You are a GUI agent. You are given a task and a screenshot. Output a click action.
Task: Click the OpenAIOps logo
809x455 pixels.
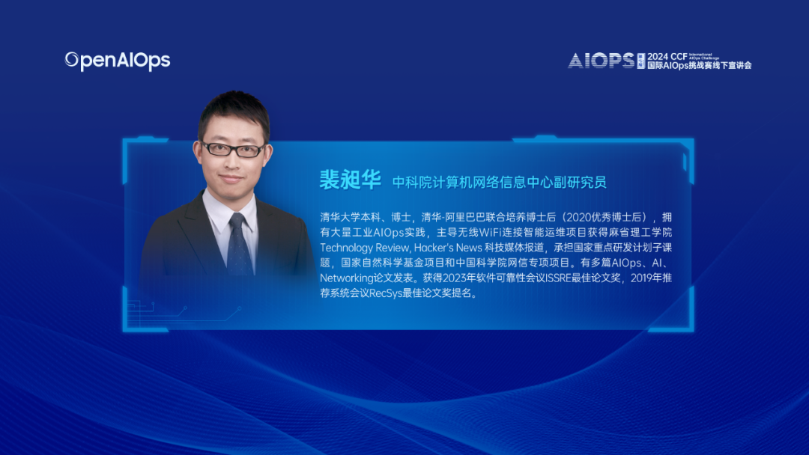tap(118, 61)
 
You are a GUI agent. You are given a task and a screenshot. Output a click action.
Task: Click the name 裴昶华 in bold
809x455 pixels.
tap(350, 180)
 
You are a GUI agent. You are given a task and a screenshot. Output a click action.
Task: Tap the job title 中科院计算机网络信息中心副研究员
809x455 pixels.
tap(500, 182)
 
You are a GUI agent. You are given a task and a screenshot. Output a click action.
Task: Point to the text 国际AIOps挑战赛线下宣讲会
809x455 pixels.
tap(699, 66)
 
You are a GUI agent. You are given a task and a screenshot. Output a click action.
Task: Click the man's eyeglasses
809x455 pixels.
tap(233, 149)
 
